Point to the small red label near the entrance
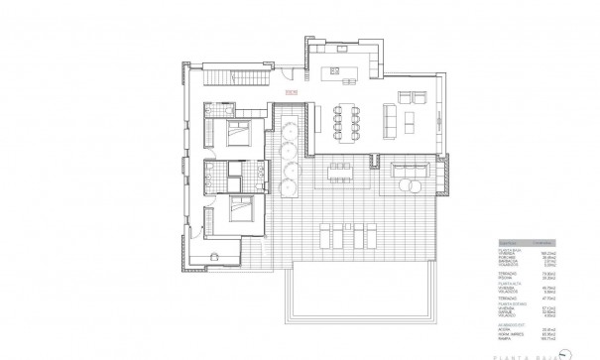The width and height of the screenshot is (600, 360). (291, 93)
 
